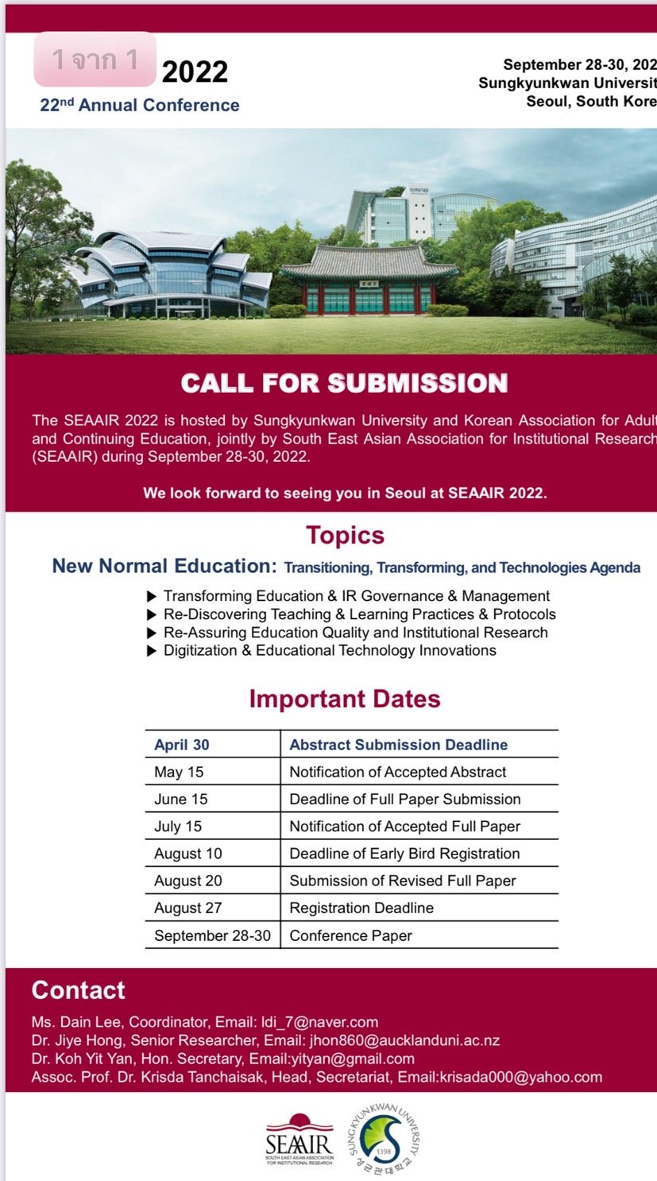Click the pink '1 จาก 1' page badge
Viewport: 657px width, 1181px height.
95,60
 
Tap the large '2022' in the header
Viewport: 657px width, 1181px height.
195,72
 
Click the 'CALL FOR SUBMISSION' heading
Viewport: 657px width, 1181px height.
344,383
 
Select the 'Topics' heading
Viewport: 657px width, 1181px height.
345,535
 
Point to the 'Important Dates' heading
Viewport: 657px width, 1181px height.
344,699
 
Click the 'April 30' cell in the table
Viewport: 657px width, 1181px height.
182,745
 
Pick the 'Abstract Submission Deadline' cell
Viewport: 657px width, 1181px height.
398,745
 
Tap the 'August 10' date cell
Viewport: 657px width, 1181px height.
188,854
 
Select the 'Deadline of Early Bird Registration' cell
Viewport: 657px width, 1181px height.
404,854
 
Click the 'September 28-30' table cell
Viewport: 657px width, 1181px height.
212,935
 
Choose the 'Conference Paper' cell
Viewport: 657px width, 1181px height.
350,935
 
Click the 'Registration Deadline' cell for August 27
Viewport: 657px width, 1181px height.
361,908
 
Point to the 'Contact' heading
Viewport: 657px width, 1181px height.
78,990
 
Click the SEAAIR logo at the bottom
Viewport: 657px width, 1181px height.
300,1140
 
